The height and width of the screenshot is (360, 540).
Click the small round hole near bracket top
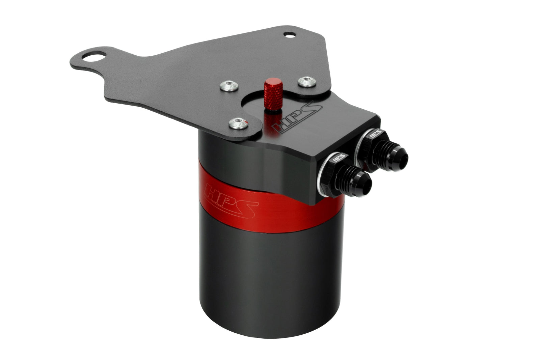(x=289, y=34)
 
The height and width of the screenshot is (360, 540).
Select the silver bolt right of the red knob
(x=307, y=81)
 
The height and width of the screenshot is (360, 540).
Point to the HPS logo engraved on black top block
(x=297, y=118)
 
